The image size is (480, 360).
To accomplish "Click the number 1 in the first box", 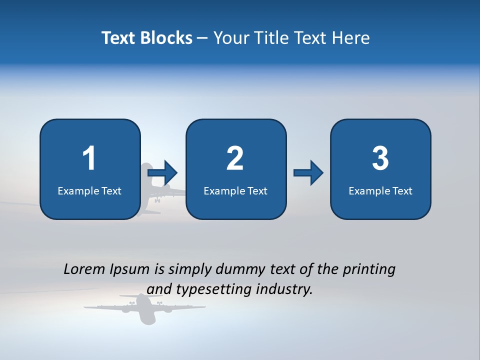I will tap(89, 158).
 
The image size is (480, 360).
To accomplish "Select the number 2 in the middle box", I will tap(235, 158).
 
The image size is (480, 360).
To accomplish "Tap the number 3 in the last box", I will tap(380, 158).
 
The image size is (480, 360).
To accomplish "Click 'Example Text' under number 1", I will tap(89, 191).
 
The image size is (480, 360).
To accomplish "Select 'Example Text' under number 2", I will tap(235, 191).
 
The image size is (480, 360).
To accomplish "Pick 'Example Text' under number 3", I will tap(380, 191).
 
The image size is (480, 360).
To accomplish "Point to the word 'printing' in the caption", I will tap(369, 269).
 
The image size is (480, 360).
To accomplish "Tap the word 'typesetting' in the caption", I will tap(210, 289).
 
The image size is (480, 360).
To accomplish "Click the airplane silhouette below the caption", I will tap(144, 307).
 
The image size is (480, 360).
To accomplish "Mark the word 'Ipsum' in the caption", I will tap(129, 269).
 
